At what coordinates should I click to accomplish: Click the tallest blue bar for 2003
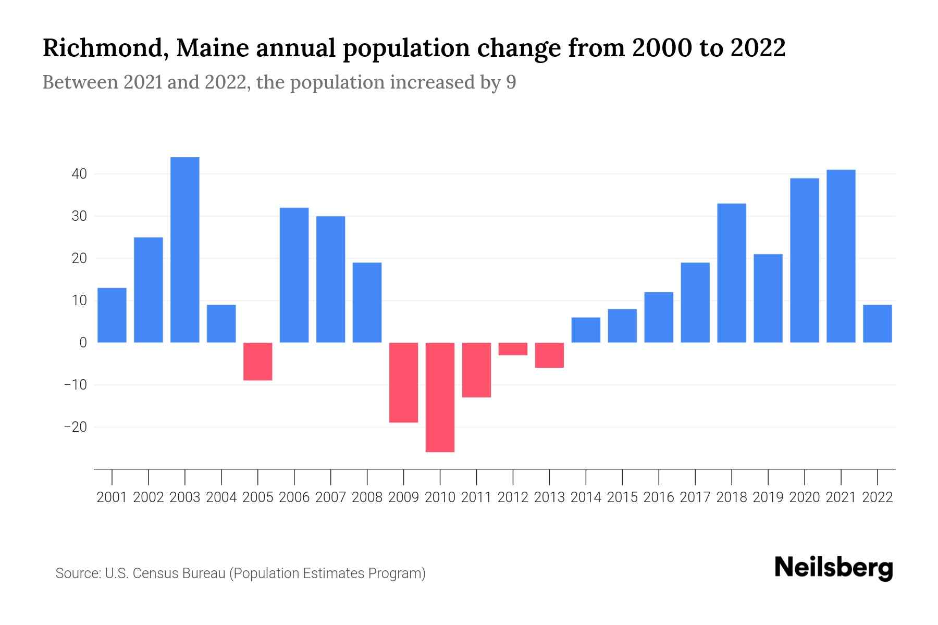[x=184, y=250]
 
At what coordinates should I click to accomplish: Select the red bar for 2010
[x=440, y=397]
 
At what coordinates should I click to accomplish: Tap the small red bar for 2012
[x=513, y=349]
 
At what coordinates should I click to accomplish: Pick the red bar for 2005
[x=257, y=361]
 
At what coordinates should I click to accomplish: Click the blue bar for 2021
[x=841, y=256]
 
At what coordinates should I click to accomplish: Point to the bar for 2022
[x=877, y=323]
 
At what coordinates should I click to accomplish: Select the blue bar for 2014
[x=586, y=330]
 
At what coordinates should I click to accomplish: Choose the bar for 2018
[x=731, y=273]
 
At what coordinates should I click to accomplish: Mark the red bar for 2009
[x=403, y=382]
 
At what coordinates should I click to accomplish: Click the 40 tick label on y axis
[x=79, y=174]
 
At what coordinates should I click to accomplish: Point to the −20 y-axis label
[x=75, y=427]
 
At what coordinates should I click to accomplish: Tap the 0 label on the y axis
[x=83, y=343]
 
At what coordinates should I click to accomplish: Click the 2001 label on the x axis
[x=112, y=497]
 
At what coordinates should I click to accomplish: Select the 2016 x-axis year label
[x=659, y=497]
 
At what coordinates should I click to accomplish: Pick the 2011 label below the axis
[x=476, y=497]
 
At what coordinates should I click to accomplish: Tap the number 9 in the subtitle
[x=511, y=83]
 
